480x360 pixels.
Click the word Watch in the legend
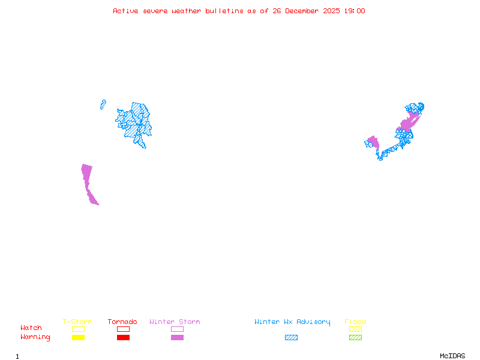click(x=31, y=328)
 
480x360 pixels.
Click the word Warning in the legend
click(x=35, y=337)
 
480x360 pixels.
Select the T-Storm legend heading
click(x=77, y=322)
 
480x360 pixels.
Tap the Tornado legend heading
click(x=122, y=322)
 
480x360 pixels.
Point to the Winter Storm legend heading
click(x=175, y=322)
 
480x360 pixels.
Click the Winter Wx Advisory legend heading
click(x=292, y=322)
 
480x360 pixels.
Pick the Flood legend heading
click(x=355, y=322)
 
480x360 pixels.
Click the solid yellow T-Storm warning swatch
click(x=78, y=338)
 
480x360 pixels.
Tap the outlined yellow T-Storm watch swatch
click(x=78, y=329)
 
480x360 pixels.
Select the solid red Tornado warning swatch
click(x=123, y=338)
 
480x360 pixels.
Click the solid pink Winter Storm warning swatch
click(x=177, y=338)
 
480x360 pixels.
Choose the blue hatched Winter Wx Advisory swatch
click(x=291, y=338)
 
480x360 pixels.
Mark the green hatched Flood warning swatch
click(x=355, y=338)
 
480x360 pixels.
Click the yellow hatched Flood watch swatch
click(x=355, y=329)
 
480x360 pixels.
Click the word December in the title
click(x=305, y=11)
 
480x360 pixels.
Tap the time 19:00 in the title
click(x=355, y=11)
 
